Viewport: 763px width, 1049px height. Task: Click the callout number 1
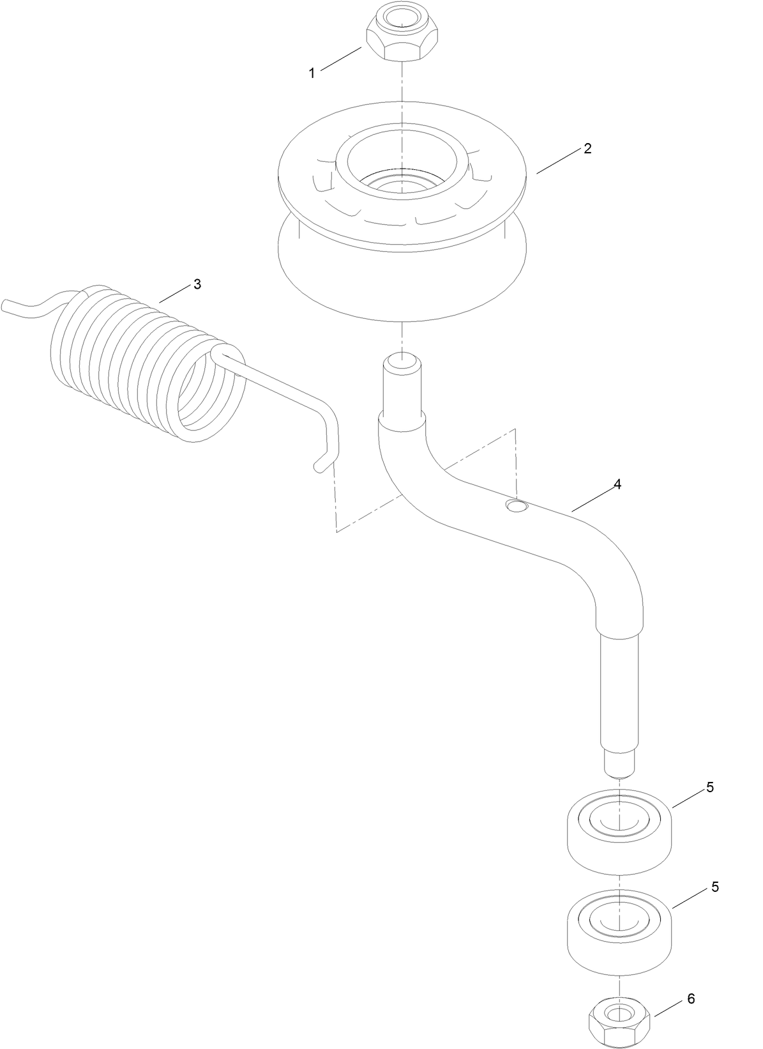[x=312, y=73]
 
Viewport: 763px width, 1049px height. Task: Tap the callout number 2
[x=587, y=148]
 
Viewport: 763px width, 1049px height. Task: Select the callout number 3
[x=197, y=284]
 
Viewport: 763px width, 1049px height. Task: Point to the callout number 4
[x=617, y=484]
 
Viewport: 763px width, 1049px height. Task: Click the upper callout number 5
[x=710, y=788]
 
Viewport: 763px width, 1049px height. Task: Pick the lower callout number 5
[x=715, y=887]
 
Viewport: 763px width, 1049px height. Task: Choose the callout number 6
[x=691, y=999]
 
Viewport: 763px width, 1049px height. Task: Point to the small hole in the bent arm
[x=517, y=507]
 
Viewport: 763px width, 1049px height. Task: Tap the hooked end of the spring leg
[x=324, y=461]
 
